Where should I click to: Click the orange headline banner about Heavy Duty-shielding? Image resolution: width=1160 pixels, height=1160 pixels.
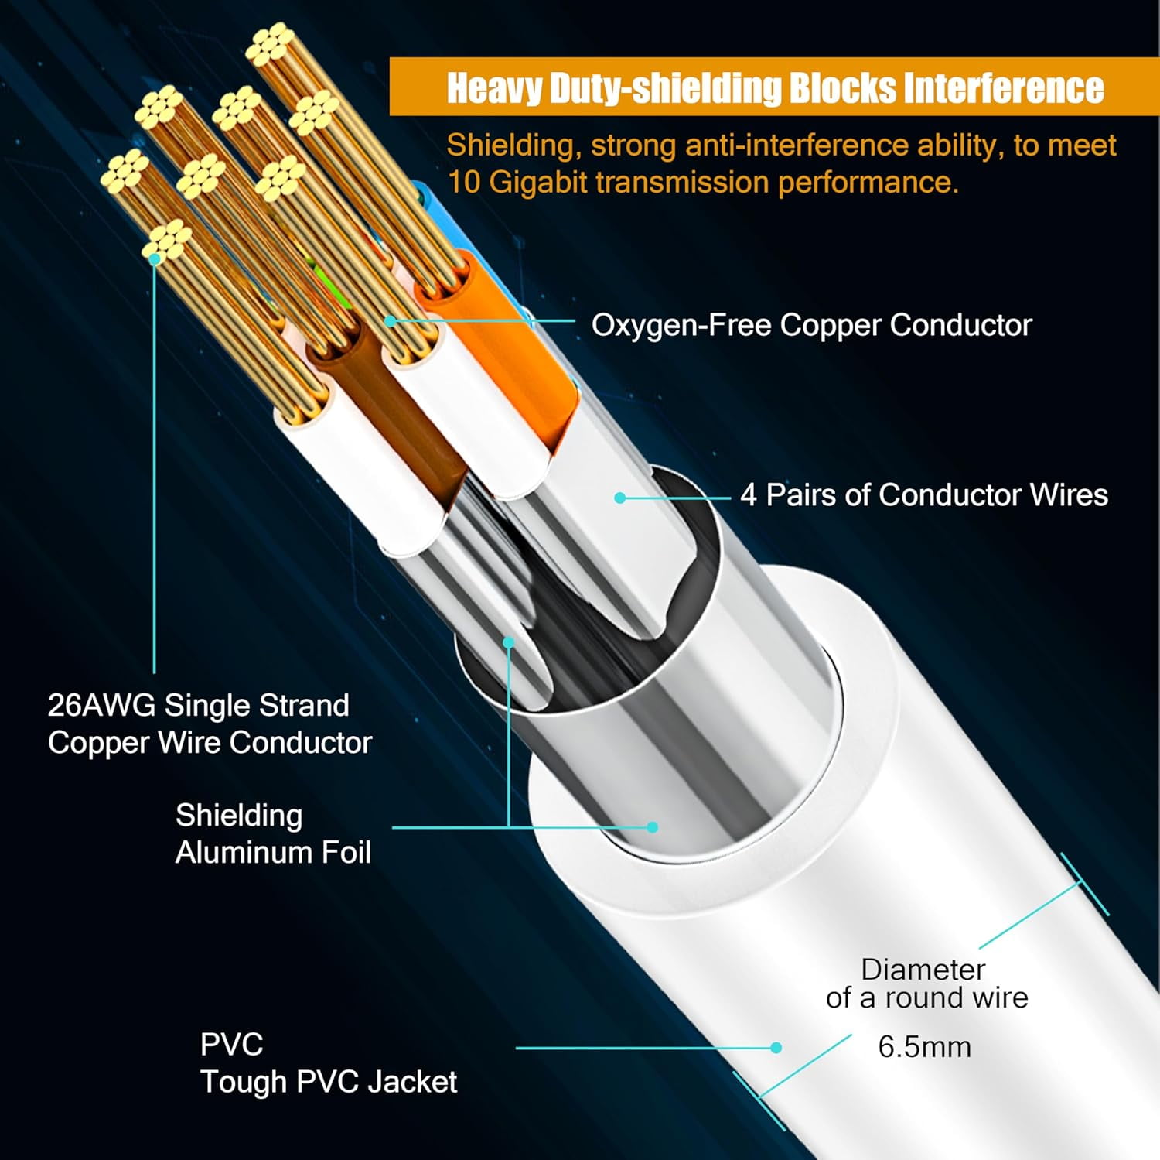[773, 87]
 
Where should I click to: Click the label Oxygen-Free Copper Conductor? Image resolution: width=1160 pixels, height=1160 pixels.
[811, 325]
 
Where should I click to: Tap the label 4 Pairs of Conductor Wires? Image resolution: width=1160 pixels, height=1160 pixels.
[923, 495]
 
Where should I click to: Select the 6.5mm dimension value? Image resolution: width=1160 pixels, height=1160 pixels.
[924, 1047]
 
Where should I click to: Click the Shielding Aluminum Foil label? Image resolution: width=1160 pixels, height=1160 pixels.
[273, 834]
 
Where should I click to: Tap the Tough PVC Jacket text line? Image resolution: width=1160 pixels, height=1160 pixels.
[329, 1082]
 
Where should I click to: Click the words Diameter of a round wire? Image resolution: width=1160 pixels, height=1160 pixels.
[926, 984]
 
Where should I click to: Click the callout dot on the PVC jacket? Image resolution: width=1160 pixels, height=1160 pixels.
[776, 1048]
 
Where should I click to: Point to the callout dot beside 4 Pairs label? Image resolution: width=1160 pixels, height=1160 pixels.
[619, 498]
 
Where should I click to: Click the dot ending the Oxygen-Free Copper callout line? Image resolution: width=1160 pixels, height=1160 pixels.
[391, 320]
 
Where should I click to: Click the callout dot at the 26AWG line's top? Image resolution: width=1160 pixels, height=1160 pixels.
[155, 258]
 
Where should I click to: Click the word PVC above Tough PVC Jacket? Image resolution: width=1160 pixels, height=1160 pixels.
[231, 1045]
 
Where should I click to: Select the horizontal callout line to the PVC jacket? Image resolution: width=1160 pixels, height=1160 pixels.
[642, 1048]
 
